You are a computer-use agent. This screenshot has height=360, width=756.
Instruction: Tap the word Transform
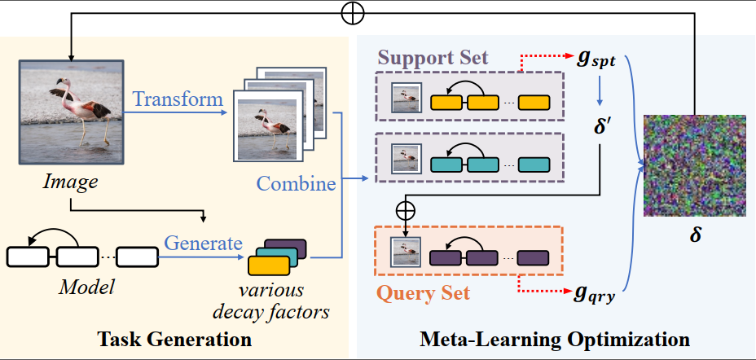pyautogui.click(x=178, y=99)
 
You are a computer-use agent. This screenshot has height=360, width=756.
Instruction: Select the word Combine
pyautogui.click(x=297, y=183)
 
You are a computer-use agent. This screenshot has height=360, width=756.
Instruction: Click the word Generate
pyautogui.click(x=203, y=243)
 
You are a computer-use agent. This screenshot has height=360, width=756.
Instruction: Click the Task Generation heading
pyautogui.click(x=174, y=337)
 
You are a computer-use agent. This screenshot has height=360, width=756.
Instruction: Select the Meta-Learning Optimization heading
pyautogui.click(x=554, y=337)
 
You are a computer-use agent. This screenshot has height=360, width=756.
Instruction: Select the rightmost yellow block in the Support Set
pyautogui.click(x=534, y=103)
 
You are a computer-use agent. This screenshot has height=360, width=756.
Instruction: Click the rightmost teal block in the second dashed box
pyautogui.click(x=534, y=164)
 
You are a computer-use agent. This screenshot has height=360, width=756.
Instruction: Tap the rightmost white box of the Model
pyautogui.click(x=139, y=257)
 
